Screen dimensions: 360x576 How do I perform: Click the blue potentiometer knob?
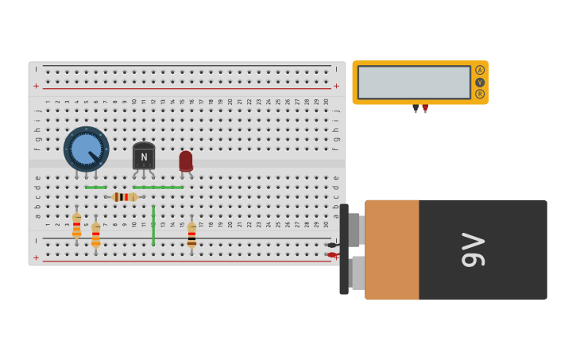pyautogui.click(x=86, y=149)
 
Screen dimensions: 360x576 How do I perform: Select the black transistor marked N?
pyautogui.click(x=144, y=157)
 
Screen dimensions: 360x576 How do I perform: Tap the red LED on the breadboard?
pyautogui.click(x=186, y=161)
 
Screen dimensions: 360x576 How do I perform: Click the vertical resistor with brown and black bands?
pyautogui.click(x=191, y=234)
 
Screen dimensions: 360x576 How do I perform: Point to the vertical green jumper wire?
pyautogui.click(x=153, y=226)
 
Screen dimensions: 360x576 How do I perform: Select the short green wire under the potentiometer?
pyautogui.click(x=95, y=188)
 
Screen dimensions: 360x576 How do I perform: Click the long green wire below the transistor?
pyautogui.click(x=158, y=188)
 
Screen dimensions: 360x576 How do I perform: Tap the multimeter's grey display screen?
pyautogui.click(x=414, y=82)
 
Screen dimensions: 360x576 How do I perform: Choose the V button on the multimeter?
pyautogui.click(x=480, y=82)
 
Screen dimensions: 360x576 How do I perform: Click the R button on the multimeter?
pyautogui.click(x=480, y=94)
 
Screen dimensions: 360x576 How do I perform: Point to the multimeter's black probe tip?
pyautogui.click(x=416, y=109)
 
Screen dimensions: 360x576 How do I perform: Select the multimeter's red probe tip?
pyautogui.click(x=425, y=109)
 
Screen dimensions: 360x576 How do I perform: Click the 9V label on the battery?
pyautogui.click(x=474, y=250)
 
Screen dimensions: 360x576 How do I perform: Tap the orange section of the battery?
pyautogui.click(x=392, y=250)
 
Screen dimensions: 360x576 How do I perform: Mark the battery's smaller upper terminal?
pyautogui.click(x=355, y=230)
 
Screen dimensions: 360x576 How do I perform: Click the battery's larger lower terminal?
pyautogui.click(x=357, y=273)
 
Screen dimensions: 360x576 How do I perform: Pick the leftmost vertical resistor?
pyautogui.click(x=76, y=225)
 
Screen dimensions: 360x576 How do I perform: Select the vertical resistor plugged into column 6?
pyautogui.click(x=96, y=234)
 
